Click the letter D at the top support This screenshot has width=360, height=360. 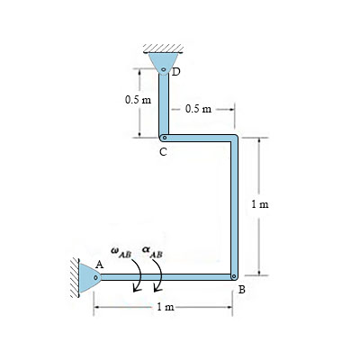(176, 72)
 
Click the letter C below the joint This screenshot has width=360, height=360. (162, 152)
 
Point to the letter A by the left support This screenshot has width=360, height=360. (101, 265)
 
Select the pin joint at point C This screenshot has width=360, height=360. (163, 138)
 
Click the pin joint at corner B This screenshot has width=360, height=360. (233, 276)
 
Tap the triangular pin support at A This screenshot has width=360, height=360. (92, 275)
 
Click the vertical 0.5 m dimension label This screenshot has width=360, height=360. (139, 99)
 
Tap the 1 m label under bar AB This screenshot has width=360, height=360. (165, 308)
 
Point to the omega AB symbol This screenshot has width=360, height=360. (120, 253)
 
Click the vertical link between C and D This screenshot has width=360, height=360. (163, 106)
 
